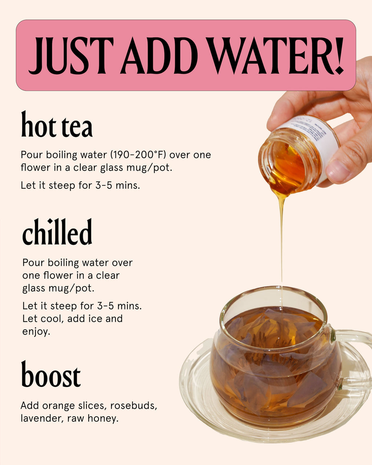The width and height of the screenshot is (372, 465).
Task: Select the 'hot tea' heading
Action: click(x=57, y=125)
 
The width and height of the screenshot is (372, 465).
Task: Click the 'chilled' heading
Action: click(x=57, y=232)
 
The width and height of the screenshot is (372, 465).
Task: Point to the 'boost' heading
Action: click(x=50, y=375)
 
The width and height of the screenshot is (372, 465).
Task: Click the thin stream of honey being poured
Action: click(x=281, y=236)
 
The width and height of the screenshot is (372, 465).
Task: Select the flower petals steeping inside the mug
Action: click(x=276, y=367)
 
